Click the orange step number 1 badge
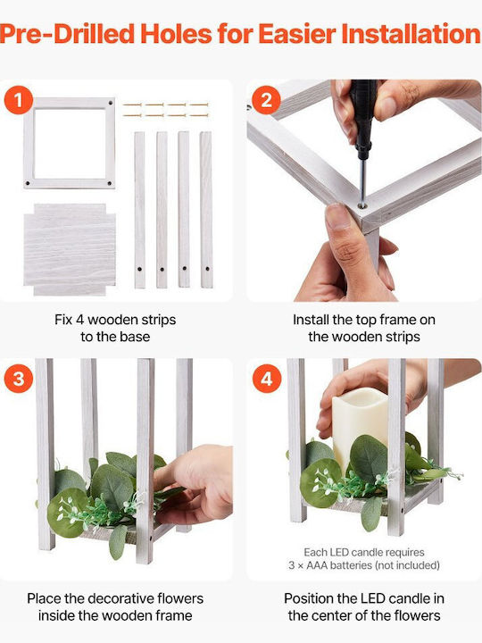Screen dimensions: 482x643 pos(19,100)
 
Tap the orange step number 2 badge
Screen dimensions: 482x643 pos(266,100)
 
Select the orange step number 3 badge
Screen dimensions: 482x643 pos(19,379)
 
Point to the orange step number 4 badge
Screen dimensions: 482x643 pos(266,379)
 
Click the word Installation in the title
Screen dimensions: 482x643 pos(411,34)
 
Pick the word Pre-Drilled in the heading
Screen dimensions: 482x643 pos(68,34)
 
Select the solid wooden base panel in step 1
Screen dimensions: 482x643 pos(70,249)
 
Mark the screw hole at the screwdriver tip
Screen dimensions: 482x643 pos(361,206)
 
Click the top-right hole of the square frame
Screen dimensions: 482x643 pos(110,103)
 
